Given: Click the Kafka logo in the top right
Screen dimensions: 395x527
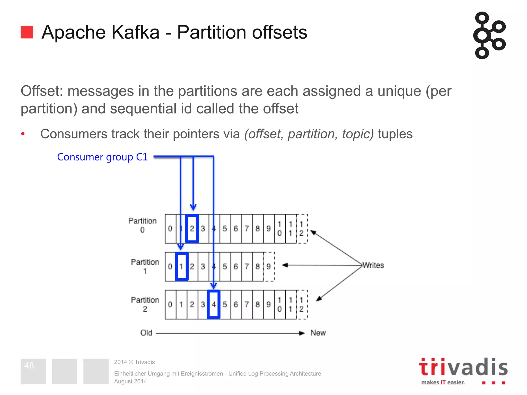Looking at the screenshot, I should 489,35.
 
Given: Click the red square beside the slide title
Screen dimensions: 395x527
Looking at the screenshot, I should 27,32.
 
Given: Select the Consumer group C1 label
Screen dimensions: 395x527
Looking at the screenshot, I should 102,157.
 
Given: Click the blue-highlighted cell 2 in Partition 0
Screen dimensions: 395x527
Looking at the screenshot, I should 192,228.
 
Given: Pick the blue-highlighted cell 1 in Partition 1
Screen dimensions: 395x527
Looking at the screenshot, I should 181,266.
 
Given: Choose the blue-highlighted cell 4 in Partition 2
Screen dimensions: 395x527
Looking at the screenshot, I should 214,304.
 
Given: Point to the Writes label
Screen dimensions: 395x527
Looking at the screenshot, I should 373,265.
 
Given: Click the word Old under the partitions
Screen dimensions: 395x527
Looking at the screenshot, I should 146,333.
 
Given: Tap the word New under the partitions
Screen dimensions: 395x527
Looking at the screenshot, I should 318,333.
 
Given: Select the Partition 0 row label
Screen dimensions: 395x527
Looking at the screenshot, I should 142,225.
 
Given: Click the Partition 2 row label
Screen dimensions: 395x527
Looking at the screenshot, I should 145,304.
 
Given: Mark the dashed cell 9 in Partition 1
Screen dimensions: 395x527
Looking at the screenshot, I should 269,266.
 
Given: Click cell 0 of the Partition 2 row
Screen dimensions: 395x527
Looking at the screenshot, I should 170,304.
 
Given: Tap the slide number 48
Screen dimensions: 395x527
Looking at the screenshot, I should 29,365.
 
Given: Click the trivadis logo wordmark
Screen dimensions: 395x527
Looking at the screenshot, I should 463,367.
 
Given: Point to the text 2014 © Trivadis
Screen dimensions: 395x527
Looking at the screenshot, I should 134,362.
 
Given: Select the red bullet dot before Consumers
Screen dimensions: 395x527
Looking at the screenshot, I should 23,134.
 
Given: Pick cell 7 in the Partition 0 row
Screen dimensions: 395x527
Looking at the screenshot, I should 247,228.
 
